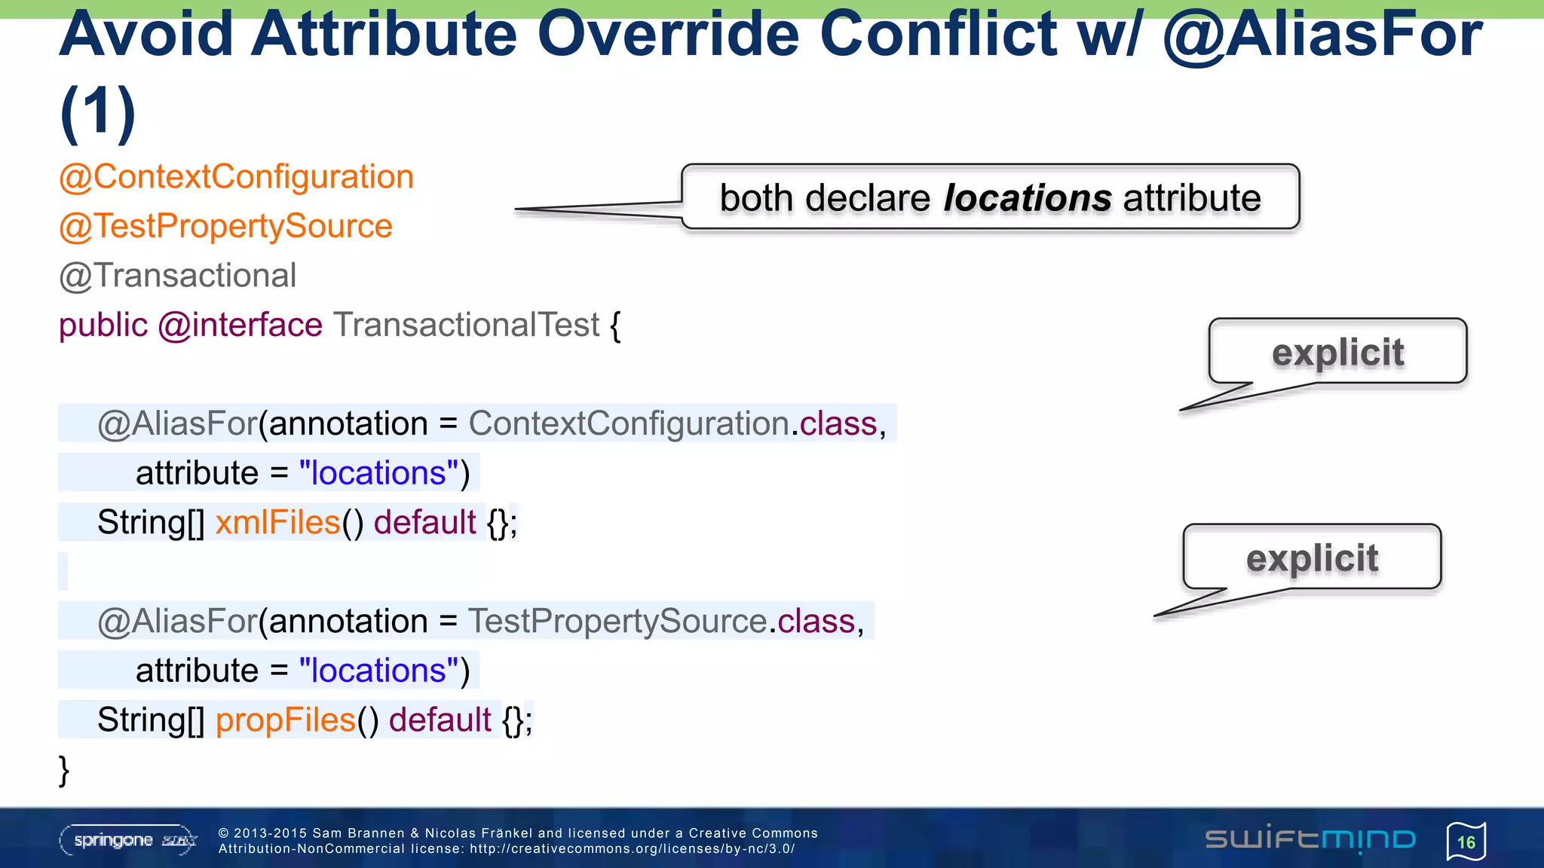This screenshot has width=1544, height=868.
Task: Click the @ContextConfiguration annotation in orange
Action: (236, 178)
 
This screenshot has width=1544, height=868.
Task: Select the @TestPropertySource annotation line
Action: (225, 227)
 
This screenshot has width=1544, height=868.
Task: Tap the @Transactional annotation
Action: (178, 276)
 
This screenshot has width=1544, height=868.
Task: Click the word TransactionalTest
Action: (467, 325)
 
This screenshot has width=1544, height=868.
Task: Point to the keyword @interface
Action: (240, 325)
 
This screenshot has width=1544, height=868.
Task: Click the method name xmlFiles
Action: (277, 523)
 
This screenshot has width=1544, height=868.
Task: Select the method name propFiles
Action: (285, 720)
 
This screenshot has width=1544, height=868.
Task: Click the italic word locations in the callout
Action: (1027, 198)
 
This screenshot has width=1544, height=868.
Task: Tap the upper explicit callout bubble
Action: (1337, 353)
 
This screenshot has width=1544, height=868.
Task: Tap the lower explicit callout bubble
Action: (1312, 558)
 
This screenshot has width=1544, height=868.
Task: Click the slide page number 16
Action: (1466, 842)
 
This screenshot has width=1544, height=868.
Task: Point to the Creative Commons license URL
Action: (632, 849)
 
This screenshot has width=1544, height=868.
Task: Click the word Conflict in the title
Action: (938, 35)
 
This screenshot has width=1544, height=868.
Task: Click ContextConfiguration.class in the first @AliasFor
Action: (672, 424)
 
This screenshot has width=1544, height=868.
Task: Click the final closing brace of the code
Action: (64, 770)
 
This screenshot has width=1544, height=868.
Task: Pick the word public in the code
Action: (103, 325)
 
